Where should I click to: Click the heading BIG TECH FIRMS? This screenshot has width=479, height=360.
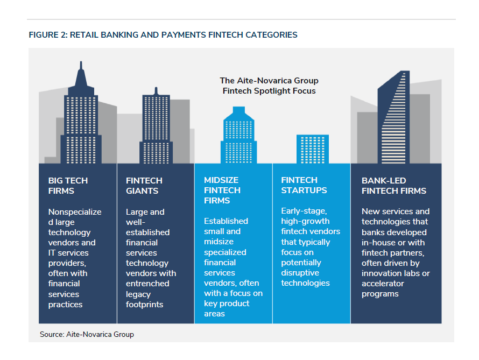(x=68, y=186)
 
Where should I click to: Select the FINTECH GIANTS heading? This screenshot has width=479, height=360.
(x=144, y=186)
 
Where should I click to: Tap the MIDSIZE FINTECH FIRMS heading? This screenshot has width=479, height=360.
(x=222, y=190)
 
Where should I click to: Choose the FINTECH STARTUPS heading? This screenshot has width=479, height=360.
(x=304, y=185)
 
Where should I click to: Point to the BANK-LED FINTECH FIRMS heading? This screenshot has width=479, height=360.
(x=394, y=186)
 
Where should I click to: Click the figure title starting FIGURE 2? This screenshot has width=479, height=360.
(x=163, y=35)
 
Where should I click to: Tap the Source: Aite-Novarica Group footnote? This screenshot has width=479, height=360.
(x=87, y=334)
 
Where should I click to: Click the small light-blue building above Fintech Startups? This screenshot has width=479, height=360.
(x=313, y=149)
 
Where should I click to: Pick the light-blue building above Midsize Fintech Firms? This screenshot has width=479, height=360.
(x=239, y=135)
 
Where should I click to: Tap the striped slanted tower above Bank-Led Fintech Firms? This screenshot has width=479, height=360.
(x=393, y=117)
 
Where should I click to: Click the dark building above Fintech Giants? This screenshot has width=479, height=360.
(x=156, y=125)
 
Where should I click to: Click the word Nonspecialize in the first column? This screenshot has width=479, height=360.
(x=75, y=212)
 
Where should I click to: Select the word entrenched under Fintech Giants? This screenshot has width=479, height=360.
(x=147, y=284)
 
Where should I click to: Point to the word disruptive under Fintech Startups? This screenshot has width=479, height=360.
(x=300, y=273)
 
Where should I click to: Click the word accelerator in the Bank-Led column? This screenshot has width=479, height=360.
(x=383, y=284)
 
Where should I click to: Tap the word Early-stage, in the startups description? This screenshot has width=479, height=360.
(x=304, y=211)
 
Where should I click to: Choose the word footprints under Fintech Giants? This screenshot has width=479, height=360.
(x=144, y=305)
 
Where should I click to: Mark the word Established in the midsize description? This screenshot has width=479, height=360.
(x=226, y=221)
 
